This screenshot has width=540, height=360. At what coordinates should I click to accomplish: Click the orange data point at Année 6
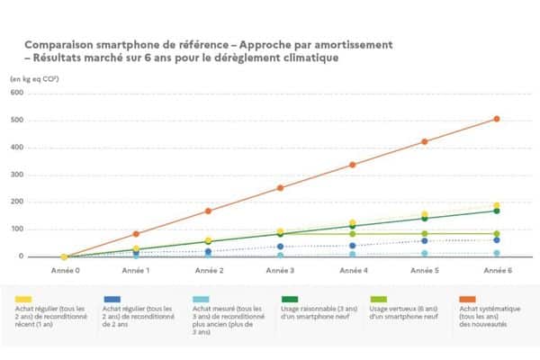click(x=496, y=119)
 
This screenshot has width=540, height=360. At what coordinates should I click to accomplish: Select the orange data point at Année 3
click(x=280, y=187)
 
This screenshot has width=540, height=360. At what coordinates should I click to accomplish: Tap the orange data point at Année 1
click(x=136, y=234)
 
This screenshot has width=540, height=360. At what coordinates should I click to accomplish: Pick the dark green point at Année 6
click(x=496, y=211)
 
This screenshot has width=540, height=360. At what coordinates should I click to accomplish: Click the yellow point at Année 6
click(x=496, y=205)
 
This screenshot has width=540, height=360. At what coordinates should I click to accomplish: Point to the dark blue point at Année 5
click(x=424, y=240)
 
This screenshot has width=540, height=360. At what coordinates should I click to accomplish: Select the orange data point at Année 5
click(x=424, y=141)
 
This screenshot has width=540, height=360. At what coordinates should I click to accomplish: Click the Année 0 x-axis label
click(x=64, y=269)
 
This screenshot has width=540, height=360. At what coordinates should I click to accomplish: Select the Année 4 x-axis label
click(x=352, y=269)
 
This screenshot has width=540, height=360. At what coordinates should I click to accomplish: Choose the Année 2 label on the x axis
click(x=208, y=269)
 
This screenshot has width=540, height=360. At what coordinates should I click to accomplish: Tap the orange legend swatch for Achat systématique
click(x=468, y=298)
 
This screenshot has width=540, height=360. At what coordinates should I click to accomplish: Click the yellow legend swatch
click(x=24, y=298)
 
